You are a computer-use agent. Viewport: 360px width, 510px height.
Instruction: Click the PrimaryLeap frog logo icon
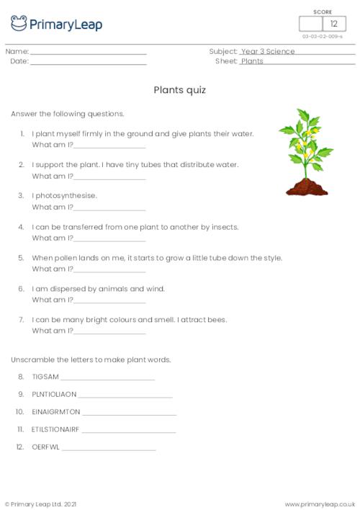[19, 24]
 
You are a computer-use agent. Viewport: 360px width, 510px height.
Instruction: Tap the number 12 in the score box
[333, 24]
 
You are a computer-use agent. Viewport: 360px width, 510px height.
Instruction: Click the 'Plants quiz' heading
[180, 90]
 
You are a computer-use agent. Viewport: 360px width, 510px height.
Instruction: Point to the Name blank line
[88, 54]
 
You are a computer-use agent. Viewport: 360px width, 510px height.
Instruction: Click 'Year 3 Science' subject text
[268, 52]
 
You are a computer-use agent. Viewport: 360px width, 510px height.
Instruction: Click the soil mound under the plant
[307, 189]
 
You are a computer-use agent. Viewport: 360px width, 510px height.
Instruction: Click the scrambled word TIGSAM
[45, 377]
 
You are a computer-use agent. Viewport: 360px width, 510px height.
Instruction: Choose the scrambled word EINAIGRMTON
[56, 412]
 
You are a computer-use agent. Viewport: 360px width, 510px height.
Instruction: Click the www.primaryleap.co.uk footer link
[320, 504]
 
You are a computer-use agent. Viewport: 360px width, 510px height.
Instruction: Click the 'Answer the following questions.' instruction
[68, 114]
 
